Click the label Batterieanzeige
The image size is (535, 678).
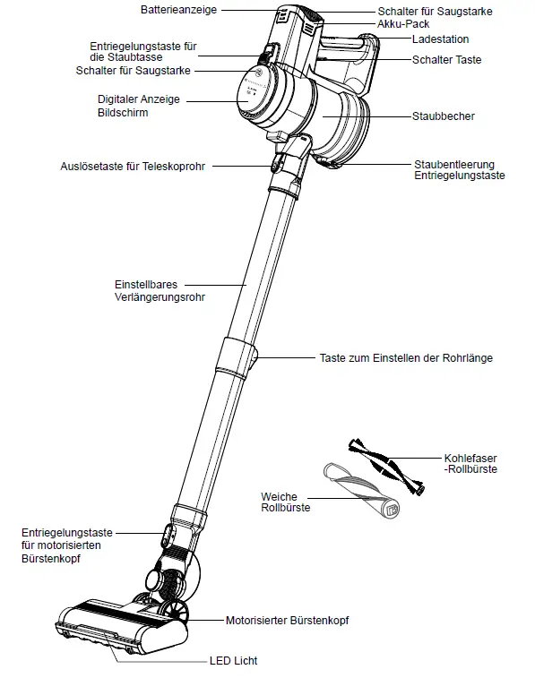[x=177, y=9]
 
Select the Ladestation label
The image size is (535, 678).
[x=440, y=39]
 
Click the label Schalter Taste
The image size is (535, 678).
[x=446, y=60]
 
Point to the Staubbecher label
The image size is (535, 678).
[x=443, y=116]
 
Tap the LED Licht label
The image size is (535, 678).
[x=234, y=661]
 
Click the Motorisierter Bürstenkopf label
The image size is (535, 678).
[x=287, y=620]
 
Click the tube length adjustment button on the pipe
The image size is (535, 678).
[x=255, y=358]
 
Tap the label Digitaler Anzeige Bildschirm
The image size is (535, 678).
[x=134, y=106]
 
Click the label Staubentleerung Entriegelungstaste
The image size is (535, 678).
[x=459, y=170]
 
